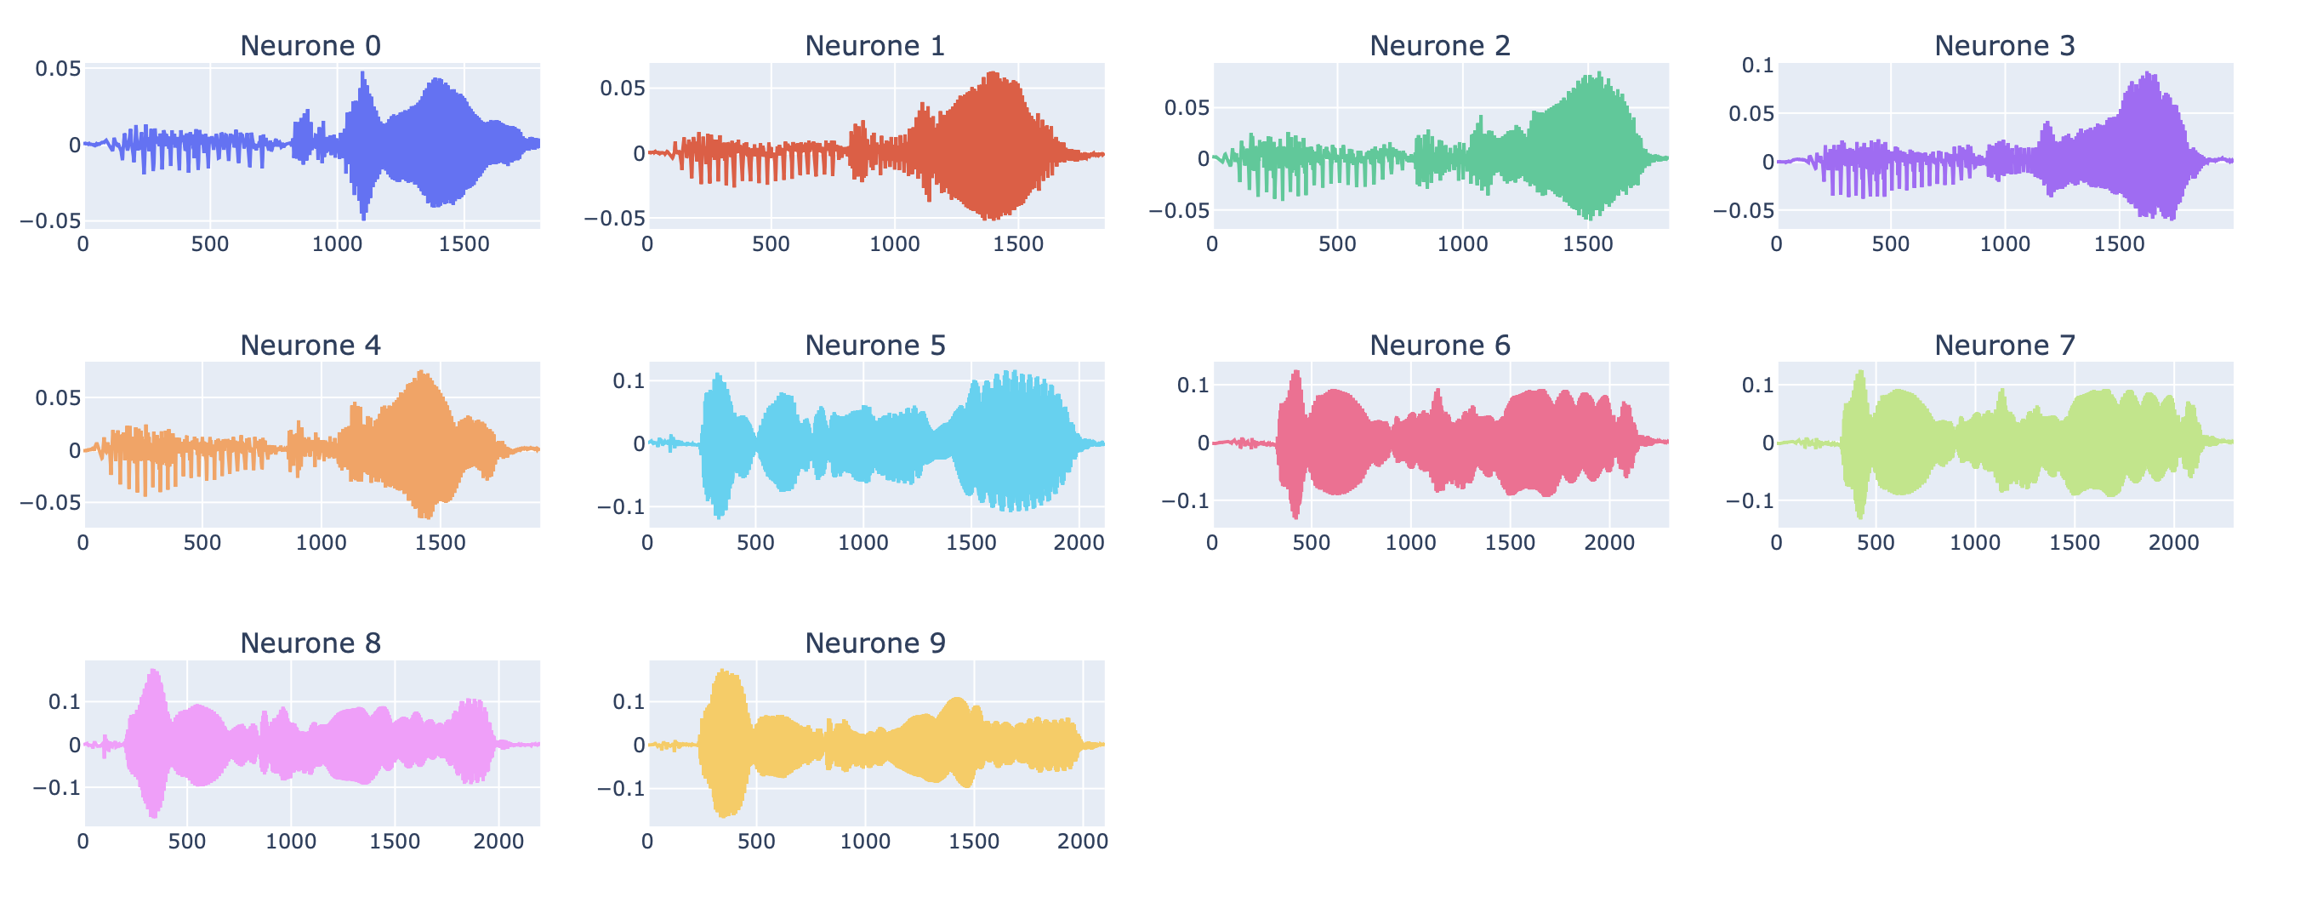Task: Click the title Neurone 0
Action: click(x=310, y=46)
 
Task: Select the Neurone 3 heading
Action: click(x=2004, y=46)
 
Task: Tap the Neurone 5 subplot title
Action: click(x=874, y=345)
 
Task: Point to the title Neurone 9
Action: click(x=874, y=643)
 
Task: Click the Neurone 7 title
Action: click(x=2004, y=345)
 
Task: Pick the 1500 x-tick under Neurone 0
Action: click(x=464, y=244)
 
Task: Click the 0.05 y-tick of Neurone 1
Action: click(x=622, y=88)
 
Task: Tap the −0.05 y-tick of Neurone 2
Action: click(x=1179, y=211)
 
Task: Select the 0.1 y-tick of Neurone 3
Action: click(x=1757, y=66)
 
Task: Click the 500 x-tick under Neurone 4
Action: click(x=202, y=542)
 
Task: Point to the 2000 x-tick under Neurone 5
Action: click(x=1079, y=542)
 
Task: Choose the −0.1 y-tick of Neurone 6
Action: click(x=1185, y=501)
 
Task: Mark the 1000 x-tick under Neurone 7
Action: click(x=1974, y=542)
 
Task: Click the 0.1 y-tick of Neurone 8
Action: click(x=64, y=702)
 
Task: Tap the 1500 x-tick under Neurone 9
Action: click(x=973, y=841)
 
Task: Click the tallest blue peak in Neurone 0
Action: click(x=362, y=73)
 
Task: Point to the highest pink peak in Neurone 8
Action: click(x=155, y=671)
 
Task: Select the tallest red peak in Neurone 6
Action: click(x=1295, y=372)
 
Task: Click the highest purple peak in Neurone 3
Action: click(x=2148, y=73)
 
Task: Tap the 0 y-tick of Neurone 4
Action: click(x=74, y=450)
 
